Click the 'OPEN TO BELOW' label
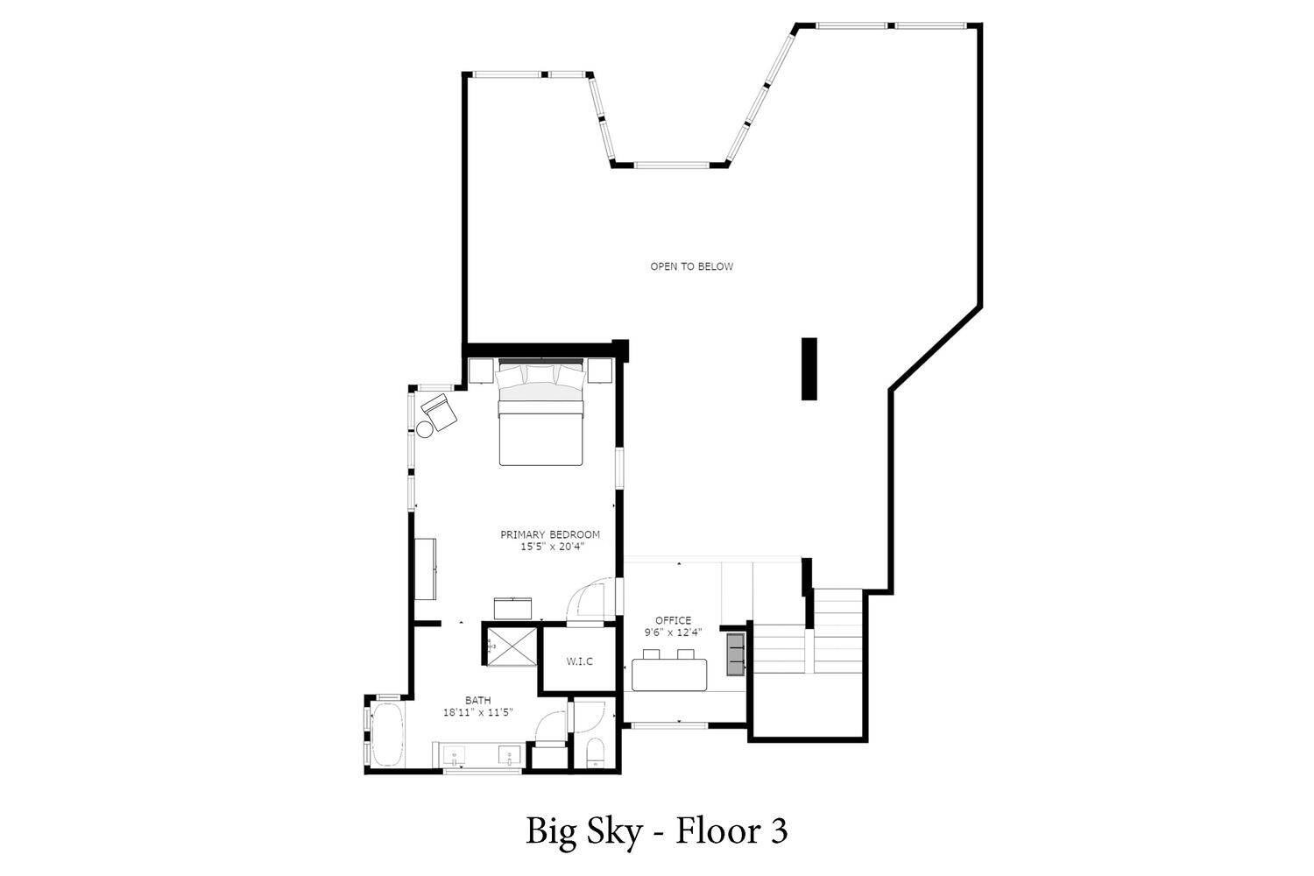tap(692, 266)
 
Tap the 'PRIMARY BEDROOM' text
tap(550, 534)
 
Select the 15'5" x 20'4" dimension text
tap(553, 547)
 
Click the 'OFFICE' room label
tap(674, 620)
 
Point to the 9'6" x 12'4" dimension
tap(674, 632)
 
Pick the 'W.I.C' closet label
tap(580, 661)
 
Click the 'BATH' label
tap(478, 700)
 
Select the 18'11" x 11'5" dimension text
tap(478, 713)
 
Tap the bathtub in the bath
tap(387, 734)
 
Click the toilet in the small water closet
tap(595, 753)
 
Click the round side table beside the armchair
tap(425, 429)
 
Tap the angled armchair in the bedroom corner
tap(439, 412)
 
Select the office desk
tap(669, 675)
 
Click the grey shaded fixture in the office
tap(736, 654)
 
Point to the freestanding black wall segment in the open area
tap(809, 369)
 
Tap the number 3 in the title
tap(779, 831)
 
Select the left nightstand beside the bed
tap(481, 371)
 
